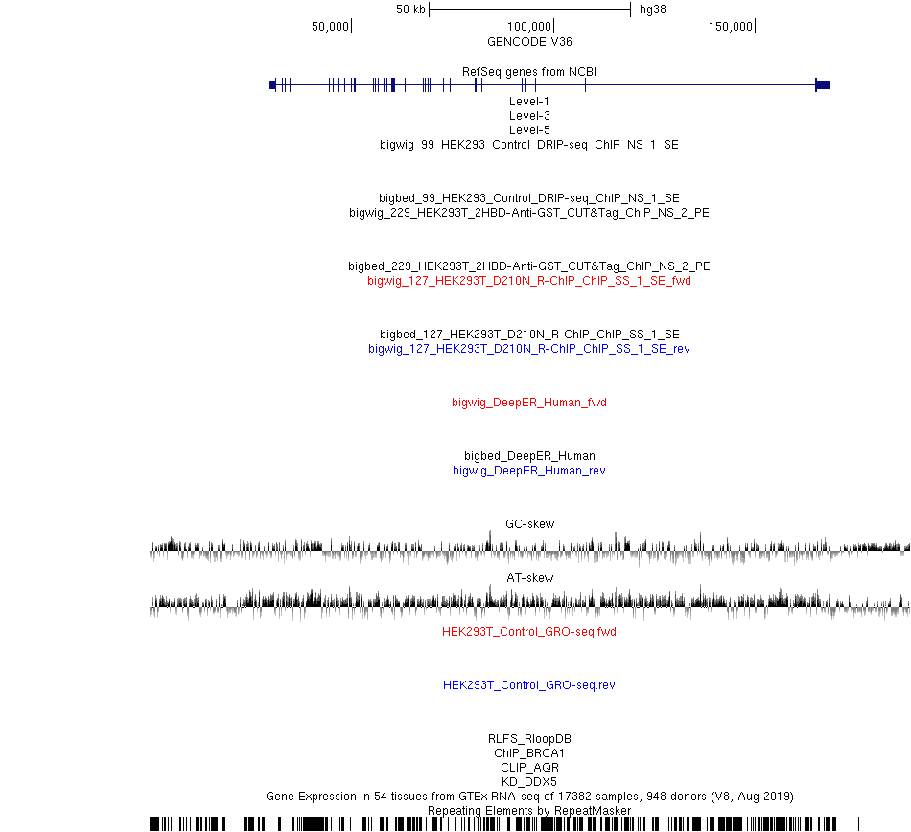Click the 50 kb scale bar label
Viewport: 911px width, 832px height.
click(410, 10)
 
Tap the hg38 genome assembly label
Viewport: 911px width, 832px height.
click(652, 10)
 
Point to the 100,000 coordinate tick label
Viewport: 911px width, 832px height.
click(528, 26)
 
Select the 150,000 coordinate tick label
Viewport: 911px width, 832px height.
click(731, 26)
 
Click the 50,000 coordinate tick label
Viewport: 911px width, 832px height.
click(330, 26)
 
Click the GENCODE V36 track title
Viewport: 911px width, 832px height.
click(529, 42)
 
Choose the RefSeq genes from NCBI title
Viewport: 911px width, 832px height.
click(529, 72)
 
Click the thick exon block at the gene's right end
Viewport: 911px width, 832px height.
click(823, 84)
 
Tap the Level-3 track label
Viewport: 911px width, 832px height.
click(529, 116)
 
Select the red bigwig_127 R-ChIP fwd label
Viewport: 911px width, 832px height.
click(529, 281)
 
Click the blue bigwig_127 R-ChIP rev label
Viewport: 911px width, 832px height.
click(529, 348)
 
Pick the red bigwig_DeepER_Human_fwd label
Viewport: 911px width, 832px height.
click(529, 402)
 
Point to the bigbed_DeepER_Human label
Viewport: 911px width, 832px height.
click(529, 455)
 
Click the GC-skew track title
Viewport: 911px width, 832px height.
click(530, 523)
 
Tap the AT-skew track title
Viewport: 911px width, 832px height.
click(530, 577)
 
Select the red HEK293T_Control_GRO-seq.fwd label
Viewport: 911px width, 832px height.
click(529, 631)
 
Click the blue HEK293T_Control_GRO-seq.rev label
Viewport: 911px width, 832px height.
click(529, 684)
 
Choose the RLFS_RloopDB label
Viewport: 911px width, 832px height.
click(529, 738)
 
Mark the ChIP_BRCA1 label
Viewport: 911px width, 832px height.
click(529, 753)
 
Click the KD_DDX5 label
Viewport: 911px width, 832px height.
click(529, 781)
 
